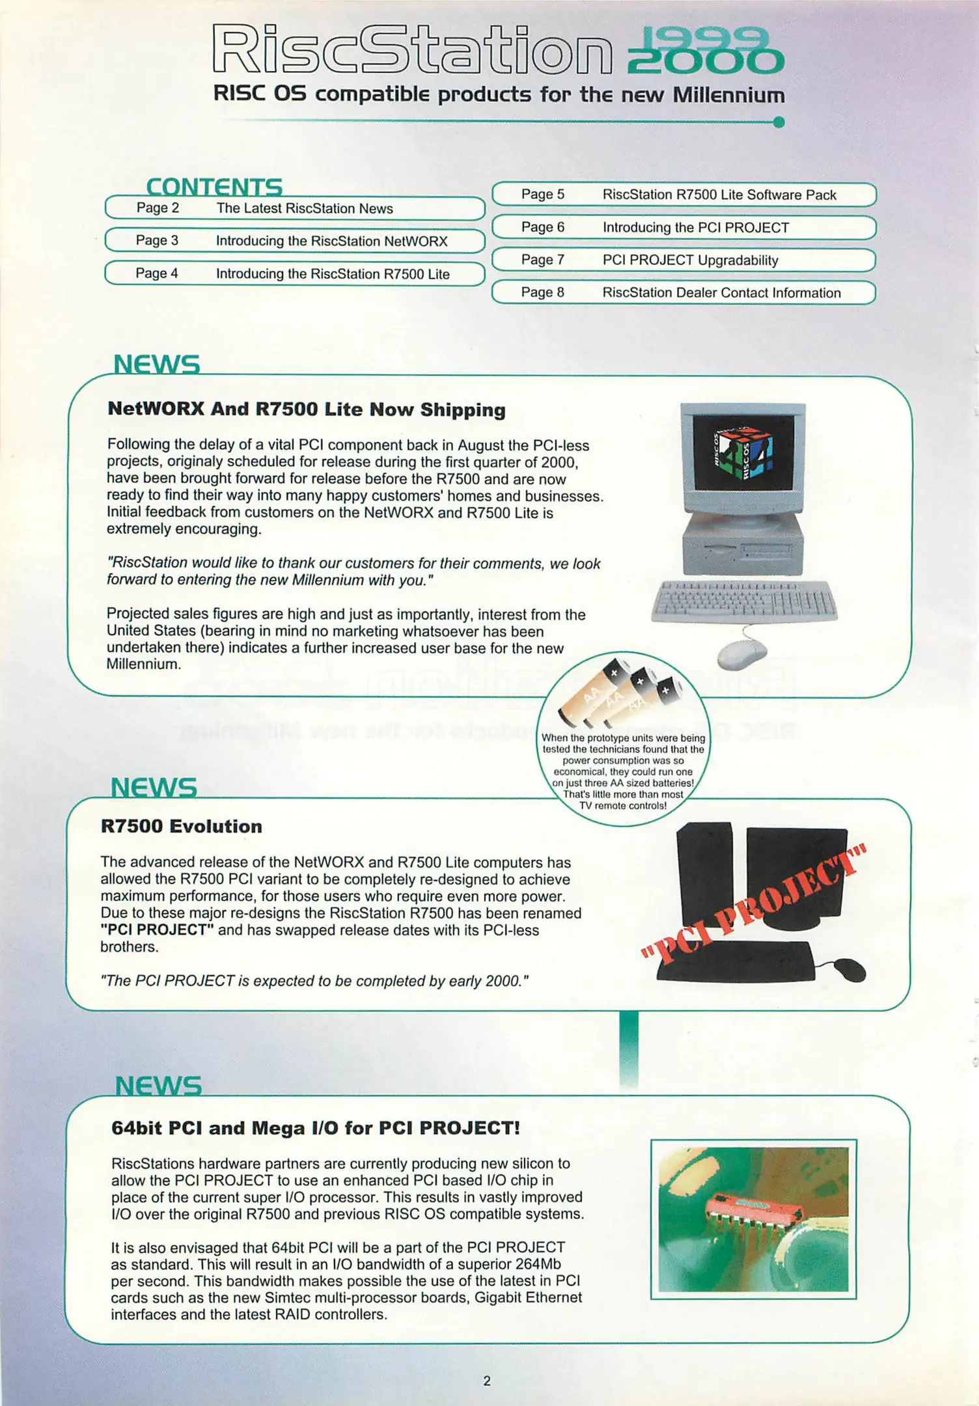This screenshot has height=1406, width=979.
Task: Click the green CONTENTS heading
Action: [x=214, y=187]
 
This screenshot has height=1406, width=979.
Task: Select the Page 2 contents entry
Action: [x=295, y=208]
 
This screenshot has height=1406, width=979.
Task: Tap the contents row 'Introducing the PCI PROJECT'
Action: [x=683, y=227]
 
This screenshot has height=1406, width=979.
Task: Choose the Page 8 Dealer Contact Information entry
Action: [x=683, y=292]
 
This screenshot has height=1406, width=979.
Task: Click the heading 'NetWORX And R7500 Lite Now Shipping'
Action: [x=306, y=409]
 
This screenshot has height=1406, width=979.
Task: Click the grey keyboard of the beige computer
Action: [x=744, y=601]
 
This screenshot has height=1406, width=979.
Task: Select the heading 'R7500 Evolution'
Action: [x=182, y=826]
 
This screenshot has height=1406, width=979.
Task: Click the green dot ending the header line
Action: [x=779, y=122]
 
